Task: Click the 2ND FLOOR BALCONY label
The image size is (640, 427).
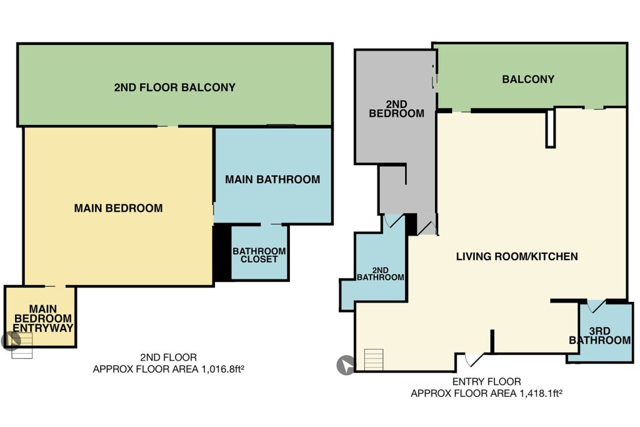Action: [x=175, y=88]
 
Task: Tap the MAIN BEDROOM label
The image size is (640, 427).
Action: [x=118, y=208]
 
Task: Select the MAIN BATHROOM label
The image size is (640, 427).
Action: [x=272, y=179]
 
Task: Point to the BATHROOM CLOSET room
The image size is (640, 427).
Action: [x=259, y=253]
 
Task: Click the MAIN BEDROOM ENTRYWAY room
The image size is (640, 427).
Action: [x=41, y=316]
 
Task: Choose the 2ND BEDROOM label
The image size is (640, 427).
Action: [x=396, y=109]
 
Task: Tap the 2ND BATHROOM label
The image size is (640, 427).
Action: [x=381, y=274]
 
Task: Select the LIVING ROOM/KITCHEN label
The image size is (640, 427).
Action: [x=517, y=256]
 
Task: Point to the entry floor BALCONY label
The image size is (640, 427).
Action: [x=528, y=79]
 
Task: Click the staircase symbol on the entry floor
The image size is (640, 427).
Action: [x=374, y=359]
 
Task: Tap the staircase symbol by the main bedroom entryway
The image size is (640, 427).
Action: [x=22, y=345]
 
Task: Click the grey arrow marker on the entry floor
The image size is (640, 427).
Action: [x=346, y=365]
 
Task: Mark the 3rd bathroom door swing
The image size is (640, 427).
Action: [x=595, y=306]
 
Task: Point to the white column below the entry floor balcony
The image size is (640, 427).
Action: [x=550, y=128]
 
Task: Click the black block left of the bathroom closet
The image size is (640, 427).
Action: [x=222, y=253]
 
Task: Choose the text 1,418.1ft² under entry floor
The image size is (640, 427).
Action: [x=541, y=393]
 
